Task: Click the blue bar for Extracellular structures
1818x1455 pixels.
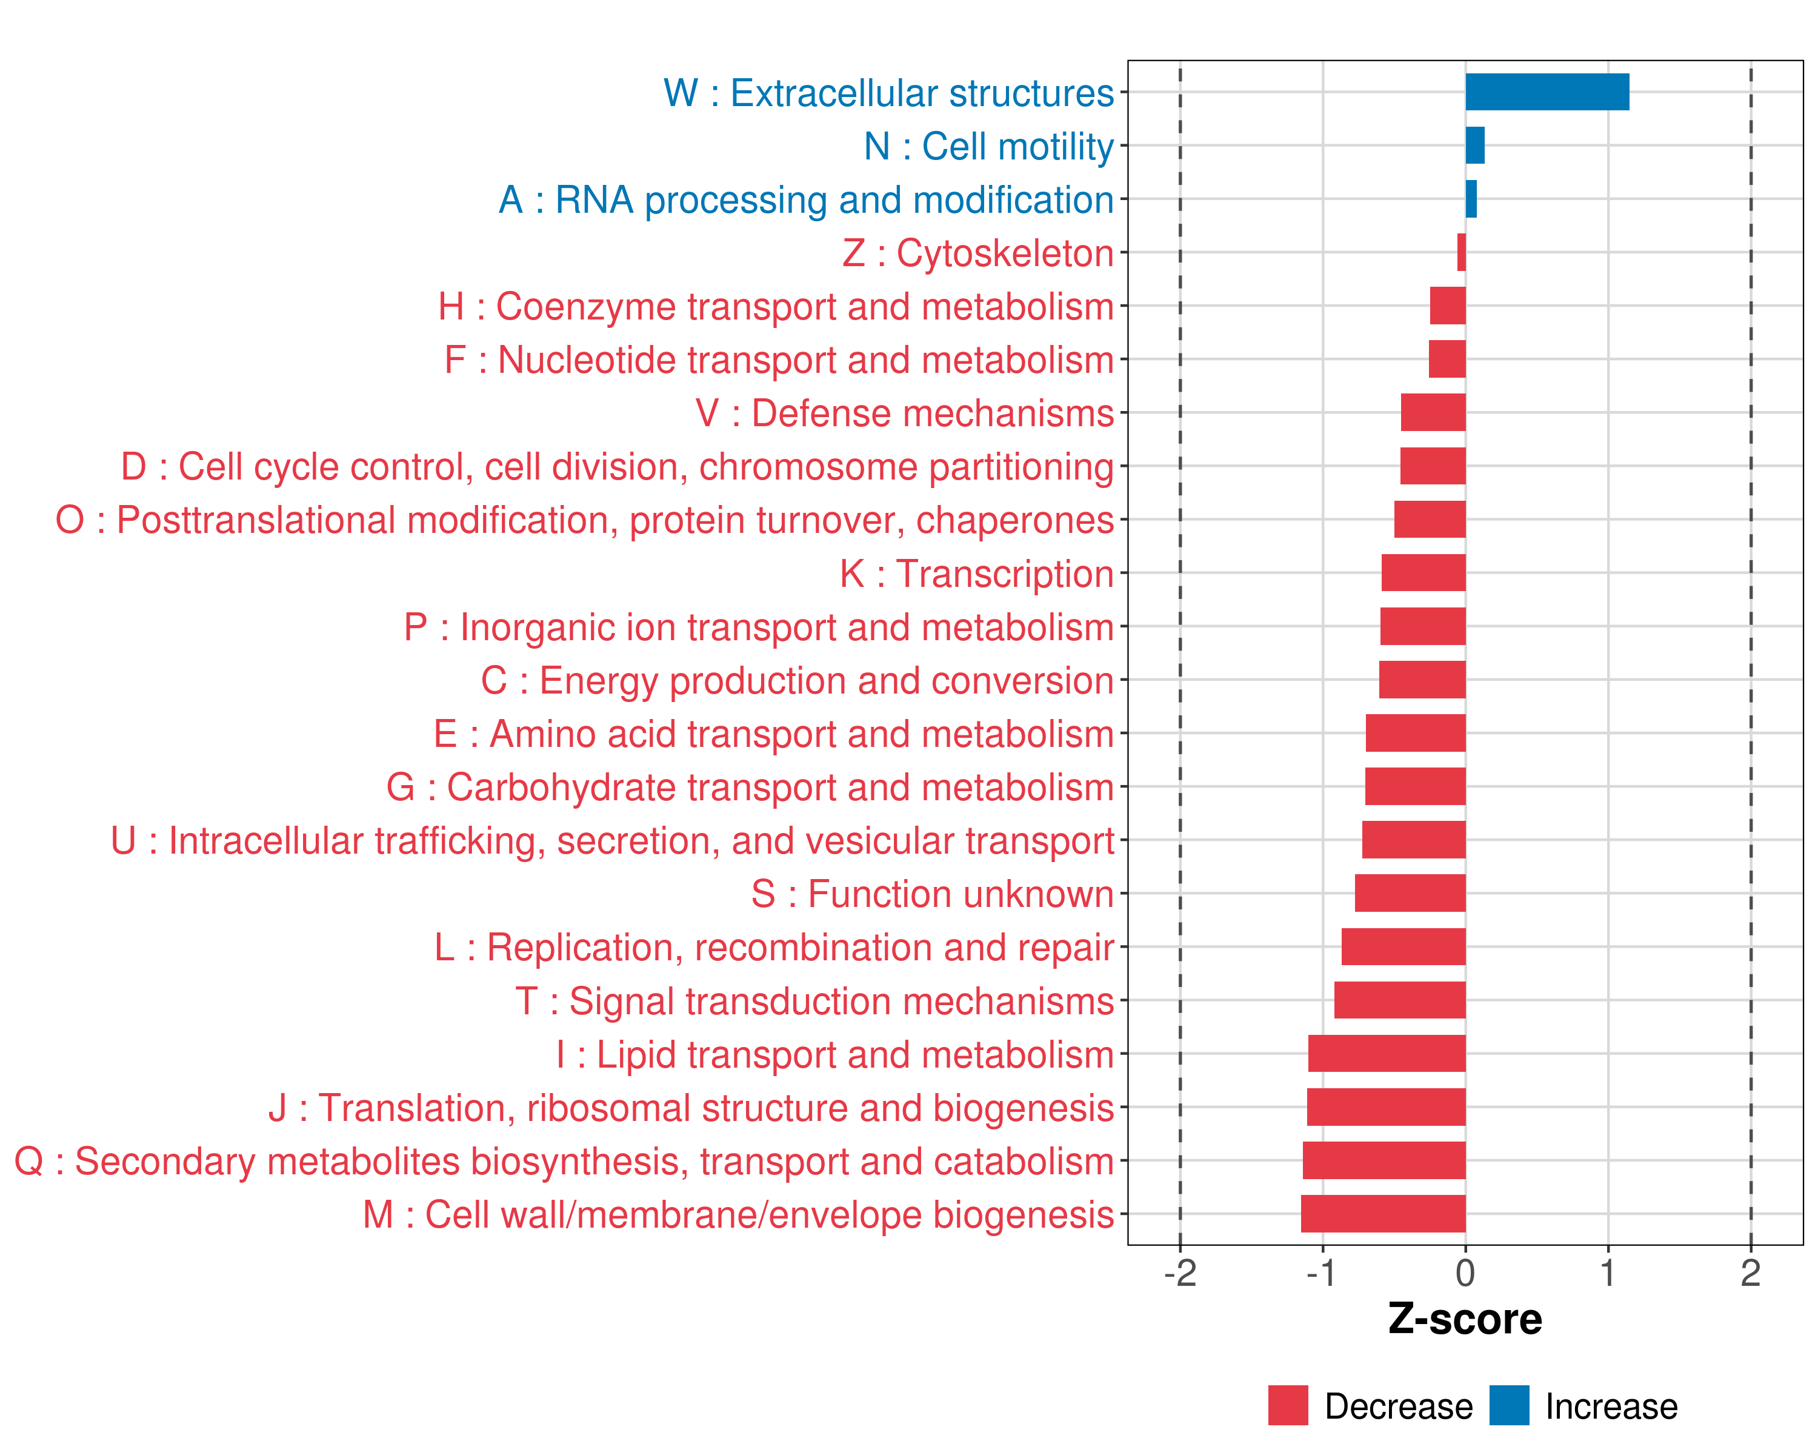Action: pyautogui.click(x=1547, y=92)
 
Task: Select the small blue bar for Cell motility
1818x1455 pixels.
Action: pyautogui.click(x=1475, y=145)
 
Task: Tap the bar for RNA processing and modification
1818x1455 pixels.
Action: pyautogui.click(x=1471, y=199)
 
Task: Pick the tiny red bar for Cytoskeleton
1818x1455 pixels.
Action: pyautogui.click(x=1461, y=252)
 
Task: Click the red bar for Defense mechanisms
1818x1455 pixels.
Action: pyautogui.click(x=1433, y=412)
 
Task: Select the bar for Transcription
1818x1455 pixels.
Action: pyautogui.click(x=1423, y=573)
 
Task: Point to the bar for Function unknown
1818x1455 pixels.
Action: pyautogui.click(x=1410, y=893)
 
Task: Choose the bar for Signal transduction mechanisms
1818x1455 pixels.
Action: pyautogui.click(x=1400, y=1000)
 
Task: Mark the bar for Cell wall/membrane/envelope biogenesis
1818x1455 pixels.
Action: pyautogui.click(x=1383, y=1214)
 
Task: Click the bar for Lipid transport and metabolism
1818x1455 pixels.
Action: pyautogui.click(x=1387, y=1054)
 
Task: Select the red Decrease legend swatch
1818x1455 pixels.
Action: pyautogui.click(x=1288, y=1405)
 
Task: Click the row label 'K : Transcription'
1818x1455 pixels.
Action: pyautogui.click(x=976, y=574)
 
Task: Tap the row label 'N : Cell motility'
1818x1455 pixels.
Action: pyautogui.click(x=988, y=146)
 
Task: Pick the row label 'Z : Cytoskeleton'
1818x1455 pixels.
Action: pyautogui.click(x=978, y=253)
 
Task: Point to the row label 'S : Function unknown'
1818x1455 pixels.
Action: pyautogui.click(x=933, y=894)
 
